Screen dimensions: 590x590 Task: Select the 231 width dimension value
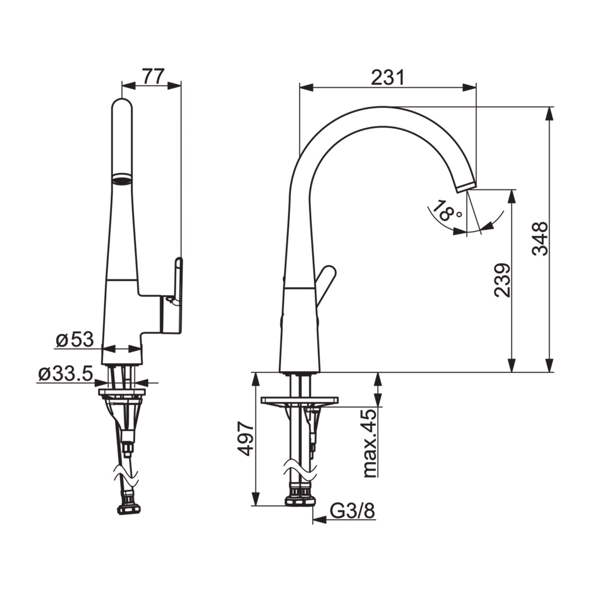click(x=387, y=78)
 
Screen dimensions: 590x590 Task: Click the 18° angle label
click(x=447, y=212)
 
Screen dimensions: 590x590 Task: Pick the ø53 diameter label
click(x=74, y=340)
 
